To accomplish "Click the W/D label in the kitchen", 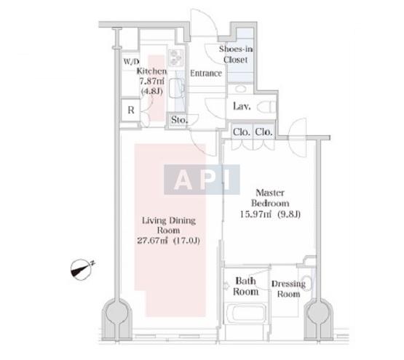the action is [131, 62].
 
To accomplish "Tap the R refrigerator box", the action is [131, 110].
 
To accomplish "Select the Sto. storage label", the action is [179, 120].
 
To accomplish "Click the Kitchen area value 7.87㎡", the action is [151, 81].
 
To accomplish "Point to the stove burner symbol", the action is [175, 57].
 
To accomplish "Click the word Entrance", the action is [206, 73].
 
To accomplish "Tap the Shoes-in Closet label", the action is [236, 55].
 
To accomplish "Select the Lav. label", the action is [242, 106].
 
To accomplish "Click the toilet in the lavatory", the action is [266, 107].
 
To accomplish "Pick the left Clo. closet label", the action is [242, 132].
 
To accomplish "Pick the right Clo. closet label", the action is [264, 132].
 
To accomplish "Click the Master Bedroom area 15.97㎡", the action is [256, 215].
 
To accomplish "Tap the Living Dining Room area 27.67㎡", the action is [153, 241].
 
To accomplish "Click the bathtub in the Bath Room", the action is [246, 313].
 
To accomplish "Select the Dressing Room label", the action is [288, 289].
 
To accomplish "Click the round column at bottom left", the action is [117, 313].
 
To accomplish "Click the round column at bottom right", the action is [318, 313].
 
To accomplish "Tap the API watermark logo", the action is [202, 180].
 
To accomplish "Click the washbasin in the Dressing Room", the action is [306, 283].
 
